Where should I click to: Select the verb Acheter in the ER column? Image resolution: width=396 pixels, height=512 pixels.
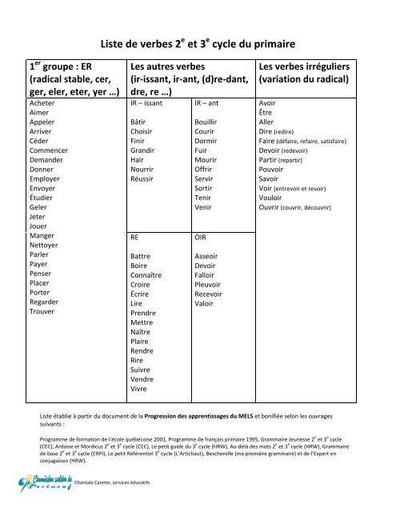(43, 105)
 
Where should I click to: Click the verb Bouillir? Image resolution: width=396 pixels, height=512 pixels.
(209, 122)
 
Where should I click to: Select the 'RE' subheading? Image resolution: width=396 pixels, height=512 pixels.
(134, 238)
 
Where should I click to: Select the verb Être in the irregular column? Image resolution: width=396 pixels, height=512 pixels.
(267, 114)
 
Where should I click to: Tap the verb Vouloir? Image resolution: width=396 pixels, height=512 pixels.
(274, 199)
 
